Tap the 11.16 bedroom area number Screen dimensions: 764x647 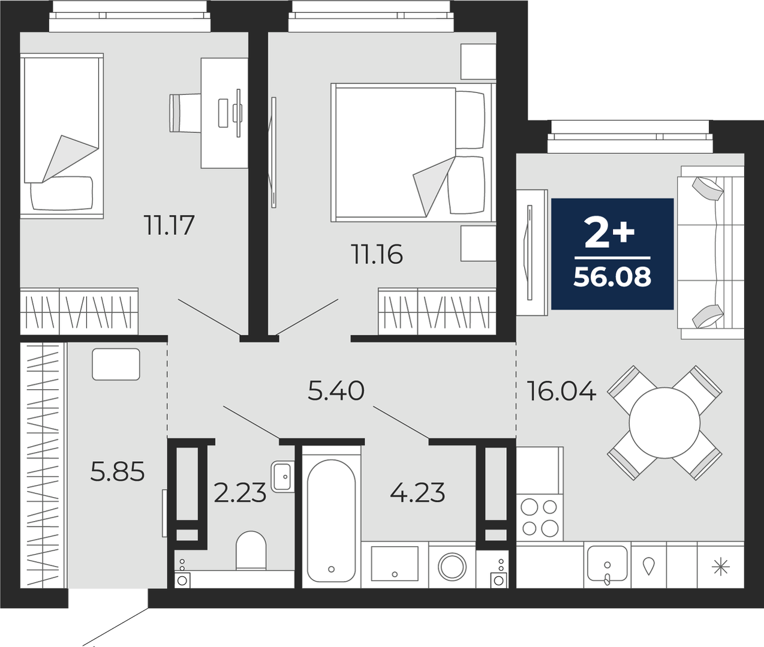tap(378, 254)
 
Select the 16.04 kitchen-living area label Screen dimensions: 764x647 tap(562, 391)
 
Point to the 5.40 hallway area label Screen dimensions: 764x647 tap(336, 391)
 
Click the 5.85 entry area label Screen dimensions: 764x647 tap(118, 472)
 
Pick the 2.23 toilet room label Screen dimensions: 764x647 tap(240, 492)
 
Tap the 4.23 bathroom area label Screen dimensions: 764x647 tap(417, 492)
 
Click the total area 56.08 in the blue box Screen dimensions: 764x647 tap(612, 277)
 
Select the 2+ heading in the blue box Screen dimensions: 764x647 tap(609, 232)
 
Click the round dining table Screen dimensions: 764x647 tap(664, 423)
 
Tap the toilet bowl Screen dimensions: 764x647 tap(251, 550)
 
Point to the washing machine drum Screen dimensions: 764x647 tap(452, 566)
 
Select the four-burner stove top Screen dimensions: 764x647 tap(539, 517)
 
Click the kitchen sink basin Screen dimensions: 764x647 tap(607, 564)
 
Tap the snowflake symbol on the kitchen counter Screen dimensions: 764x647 tap(720, 567)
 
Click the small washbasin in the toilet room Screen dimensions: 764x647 tap(283, 477)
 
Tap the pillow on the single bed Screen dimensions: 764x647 tap(62, 193)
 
